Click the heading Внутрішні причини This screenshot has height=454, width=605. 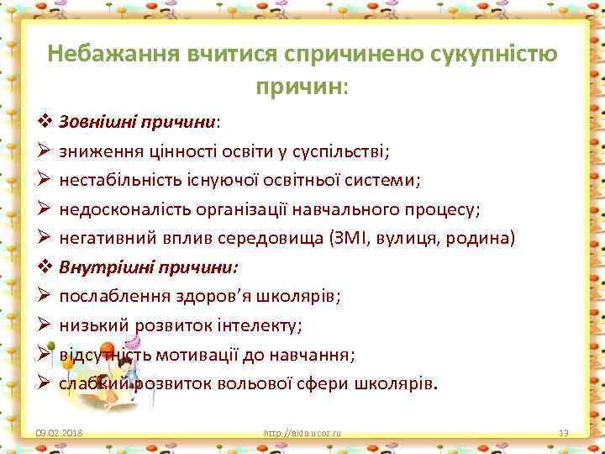(148, 267)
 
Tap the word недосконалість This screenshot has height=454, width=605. (118, 209)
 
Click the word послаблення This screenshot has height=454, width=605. (107, 296)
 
